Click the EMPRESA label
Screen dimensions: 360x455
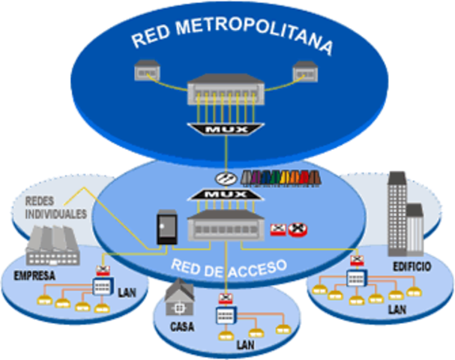(x=34, y=275)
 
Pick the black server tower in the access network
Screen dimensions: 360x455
(x=164, y=226)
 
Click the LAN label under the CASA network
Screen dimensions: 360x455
(x=245, y=346)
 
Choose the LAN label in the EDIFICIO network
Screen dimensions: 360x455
(x=396, y=309)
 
